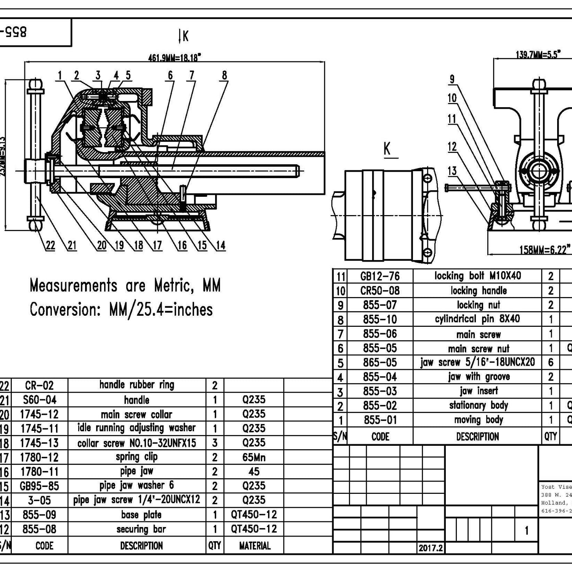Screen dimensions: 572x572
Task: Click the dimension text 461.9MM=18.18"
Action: (x=175, y=58)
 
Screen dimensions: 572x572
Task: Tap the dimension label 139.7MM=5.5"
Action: (x=538, y=55)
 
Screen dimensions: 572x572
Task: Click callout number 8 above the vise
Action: (x=224, y=76)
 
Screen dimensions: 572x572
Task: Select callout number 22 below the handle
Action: (x=50, y=245)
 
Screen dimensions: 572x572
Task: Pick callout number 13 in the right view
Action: (x=452, y=170)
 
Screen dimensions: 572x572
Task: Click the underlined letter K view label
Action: (x=387, y=149)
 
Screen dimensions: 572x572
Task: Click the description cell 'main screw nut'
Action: (x=478, y=349)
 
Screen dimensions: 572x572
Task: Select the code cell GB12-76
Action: (x=380, y=276)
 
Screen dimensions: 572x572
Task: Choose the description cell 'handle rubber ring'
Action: (x=137, y=385)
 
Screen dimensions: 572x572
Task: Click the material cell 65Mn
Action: (x=254, y=457)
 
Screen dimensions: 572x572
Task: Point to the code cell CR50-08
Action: (x=380, y=291)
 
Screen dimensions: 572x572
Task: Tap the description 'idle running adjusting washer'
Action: (x=137, y=428)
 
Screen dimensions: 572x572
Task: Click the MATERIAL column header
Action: (x=254, y=546)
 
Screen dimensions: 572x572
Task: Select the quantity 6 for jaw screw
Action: (x=550, y=362)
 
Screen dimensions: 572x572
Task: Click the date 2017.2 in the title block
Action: (x=431, y=548)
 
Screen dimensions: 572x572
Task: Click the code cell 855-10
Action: (x=380, y=320)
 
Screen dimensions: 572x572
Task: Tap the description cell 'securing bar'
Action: (x=141, y=529)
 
